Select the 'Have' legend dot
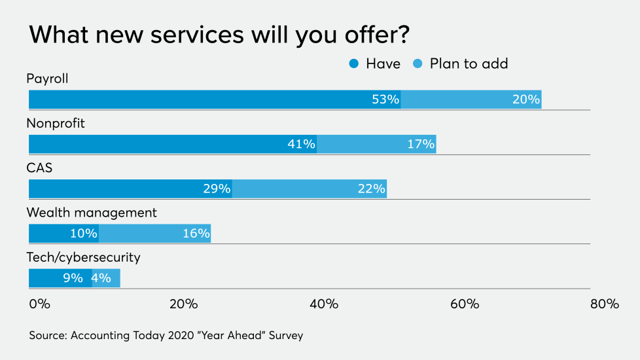354,63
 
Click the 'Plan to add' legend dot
418,63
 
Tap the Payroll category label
47,79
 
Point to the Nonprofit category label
56,123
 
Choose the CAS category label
39,168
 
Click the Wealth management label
92,213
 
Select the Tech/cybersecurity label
83,257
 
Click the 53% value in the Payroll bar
385,99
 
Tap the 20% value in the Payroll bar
526,99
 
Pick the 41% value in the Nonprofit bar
301,144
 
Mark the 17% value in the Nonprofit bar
421,144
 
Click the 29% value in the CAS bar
217,189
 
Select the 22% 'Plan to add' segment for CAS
310,189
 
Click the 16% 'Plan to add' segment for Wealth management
155,233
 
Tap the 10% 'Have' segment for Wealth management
64,233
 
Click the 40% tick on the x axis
324,304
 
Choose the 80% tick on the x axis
604,304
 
